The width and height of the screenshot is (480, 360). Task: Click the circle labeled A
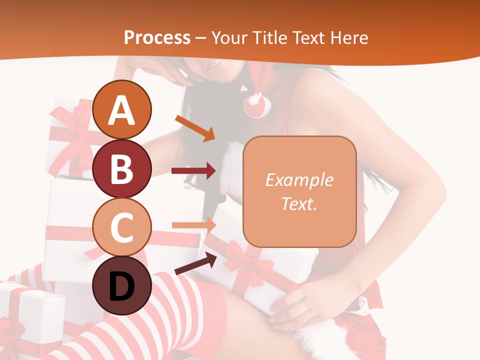[x=122, y=109]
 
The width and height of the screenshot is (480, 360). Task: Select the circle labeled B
[x=122, y=168]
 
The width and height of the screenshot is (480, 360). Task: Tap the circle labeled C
[x=122, y=227]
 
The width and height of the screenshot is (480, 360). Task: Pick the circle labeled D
[x=122, y=285]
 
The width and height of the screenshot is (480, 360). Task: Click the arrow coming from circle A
[x=195, y=128]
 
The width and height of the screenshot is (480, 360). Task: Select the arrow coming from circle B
[x=193, y=171]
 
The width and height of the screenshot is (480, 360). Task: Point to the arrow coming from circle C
[x=193, y=225]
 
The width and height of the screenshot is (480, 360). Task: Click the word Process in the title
[x=157, y=37]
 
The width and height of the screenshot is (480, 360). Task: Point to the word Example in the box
[x=299, y=180]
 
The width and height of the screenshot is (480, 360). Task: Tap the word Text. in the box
[x=299, y=203]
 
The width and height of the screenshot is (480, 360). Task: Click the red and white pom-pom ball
[x=257, y=104]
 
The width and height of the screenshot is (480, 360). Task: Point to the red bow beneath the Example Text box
[x=245, y=260]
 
